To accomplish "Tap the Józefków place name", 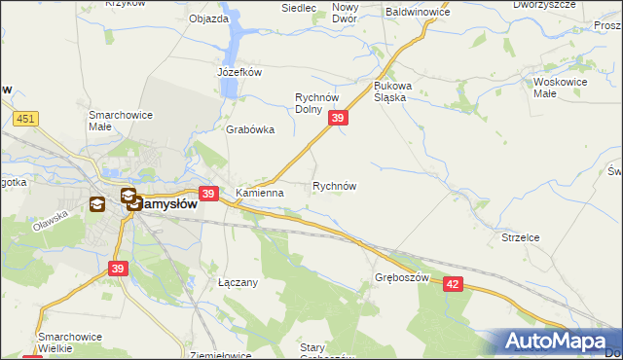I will pos(240,72).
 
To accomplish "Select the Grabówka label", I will pos(250,129).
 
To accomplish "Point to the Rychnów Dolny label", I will pos(315,102).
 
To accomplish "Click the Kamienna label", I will pos(259,193).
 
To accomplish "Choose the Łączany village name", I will pos(237,282).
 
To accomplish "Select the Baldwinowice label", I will pos(418,13).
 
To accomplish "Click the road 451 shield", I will pos(26,118).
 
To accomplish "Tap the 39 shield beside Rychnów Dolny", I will pos(338,118).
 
